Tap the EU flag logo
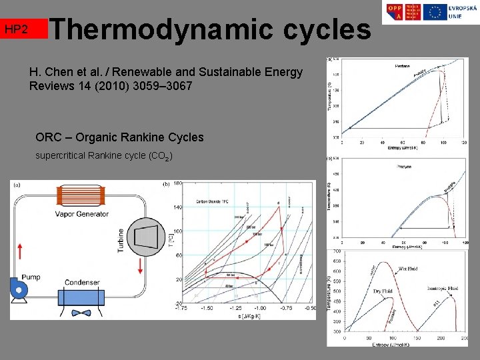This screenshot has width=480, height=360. tap(435, 12)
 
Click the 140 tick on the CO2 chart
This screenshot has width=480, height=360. tap(177, 208)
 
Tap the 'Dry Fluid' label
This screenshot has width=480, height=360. tap(382, 291)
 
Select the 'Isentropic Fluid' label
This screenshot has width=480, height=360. tap(443, 289)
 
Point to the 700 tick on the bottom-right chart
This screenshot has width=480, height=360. tap(337, 251)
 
